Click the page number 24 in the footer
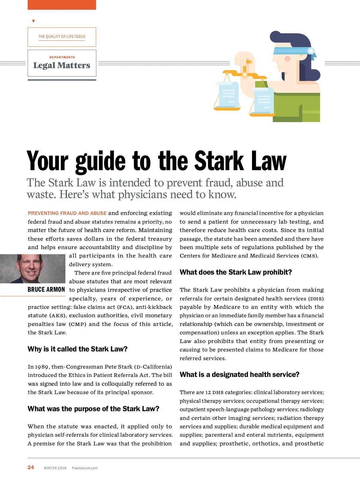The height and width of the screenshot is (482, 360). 31,467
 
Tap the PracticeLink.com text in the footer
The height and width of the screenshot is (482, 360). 85,468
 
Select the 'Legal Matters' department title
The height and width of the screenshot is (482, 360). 62,65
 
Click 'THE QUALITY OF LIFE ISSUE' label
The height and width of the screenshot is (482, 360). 62,37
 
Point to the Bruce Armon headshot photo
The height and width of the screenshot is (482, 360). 32,269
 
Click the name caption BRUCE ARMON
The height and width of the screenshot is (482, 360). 46,290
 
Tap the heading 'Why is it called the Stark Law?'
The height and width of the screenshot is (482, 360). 77,349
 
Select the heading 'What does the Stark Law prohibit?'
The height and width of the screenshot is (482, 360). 236,272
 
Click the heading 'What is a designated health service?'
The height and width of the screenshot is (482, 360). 239,375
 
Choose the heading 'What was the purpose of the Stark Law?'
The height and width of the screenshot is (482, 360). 93,409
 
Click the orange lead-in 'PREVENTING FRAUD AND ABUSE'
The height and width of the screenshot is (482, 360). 67,213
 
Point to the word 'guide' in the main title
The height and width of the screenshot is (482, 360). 100,161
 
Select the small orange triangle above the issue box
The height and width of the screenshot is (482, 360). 33,21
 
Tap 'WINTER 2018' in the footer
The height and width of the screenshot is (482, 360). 55,468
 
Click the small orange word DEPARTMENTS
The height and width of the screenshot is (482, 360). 62,57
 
